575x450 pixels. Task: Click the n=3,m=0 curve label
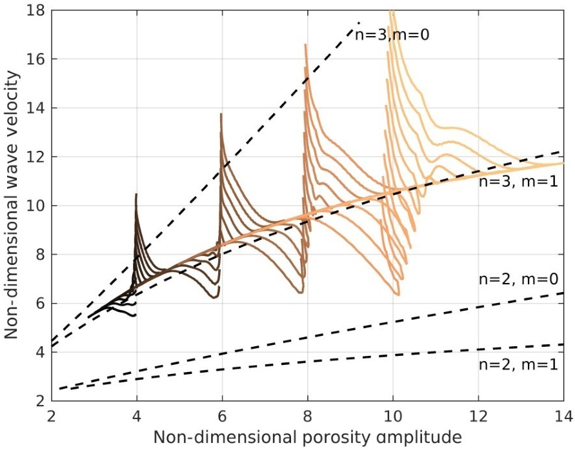coord(392,34)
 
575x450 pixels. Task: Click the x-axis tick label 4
coord(136,415)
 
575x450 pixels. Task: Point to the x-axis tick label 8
coord(307,415)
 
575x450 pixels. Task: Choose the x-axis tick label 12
coord(478,415)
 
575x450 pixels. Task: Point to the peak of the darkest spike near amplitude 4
coord(136,194)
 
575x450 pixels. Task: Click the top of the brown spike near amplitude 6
coord(221,114)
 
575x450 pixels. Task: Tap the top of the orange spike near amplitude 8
coord(306,44)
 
